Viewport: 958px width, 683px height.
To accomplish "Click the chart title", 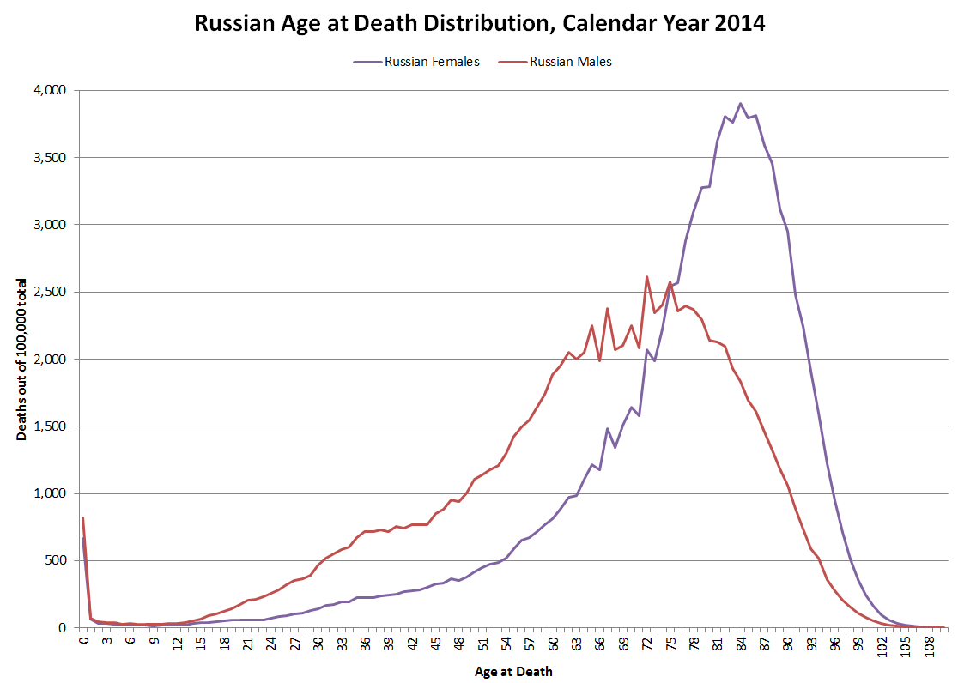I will coord(479,23).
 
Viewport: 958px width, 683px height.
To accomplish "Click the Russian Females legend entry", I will coord(432,62).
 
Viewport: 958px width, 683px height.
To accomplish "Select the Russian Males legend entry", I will coord(571,62).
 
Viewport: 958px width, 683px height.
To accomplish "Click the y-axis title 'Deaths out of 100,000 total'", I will coord(21,360).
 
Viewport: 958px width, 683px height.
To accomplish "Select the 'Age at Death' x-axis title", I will coord(513,672).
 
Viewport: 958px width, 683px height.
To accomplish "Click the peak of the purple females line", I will coord(741,104).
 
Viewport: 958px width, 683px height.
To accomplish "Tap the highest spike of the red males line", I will coord(646,276).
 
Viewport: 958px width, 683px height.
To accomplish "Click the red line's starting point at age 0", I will coord(83,518).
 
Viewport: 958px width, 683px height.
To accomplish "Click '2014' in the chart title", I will coord(737,23).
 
